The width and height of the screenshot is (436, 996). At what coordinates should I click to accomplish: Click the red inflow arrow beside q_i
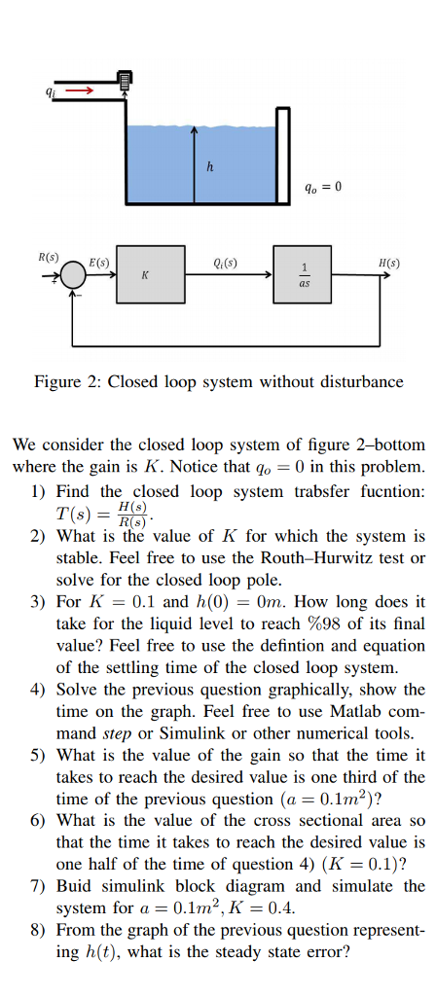click(x=80, y=90)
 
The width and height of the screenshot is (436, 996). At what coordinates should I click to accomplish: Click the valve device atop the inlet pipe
click(x=125, y=80)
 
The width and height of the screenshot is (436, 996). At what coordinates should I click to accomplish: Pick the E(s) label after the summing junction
click(x=99, y=262)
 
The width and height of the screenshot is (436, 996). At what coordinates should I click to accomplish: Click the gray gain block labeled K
click(x=151, y=273)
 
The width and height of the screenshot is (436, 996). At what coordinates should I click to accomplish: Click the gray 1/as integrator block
click(x=302, y=273)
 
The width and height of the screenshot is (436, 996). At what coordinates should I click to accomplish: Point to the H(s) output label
click(x=389, y=262)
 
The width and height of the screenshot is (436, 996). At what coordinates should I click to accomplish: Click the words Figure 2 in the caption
click(x=65, y=382)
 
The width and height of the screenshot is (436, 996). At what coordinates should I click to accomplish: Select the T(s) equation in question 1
click(x=105, y=514)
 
